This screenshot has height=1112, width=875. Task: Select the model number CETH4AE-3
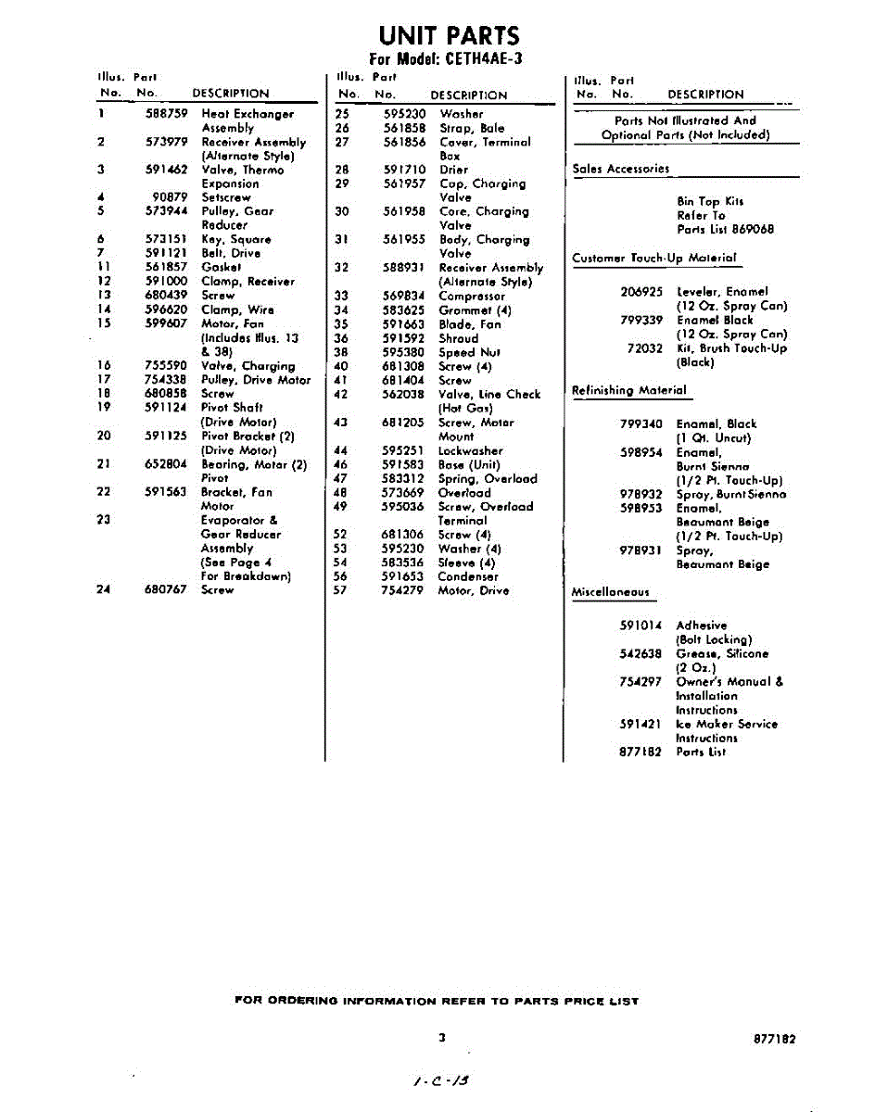(x=478, y=58)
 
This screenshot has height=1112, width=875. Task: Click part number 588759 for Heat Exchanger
(x=167, y=114)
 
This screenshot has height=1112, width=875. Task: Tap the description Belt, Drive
(x=231, y=253)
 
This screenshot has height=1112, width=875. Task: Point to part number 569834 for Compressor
(x=404, y=297)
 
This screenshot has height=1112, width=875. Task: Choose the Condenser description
(x=467, y=576)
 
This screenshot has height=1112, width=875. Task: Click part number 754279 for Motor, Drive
(x=404, y=590)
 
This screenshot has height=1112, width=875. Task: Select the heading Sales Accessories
(x=620, y=169)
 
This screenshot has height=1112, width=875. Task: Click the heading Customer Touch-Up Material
(x=654, y=258)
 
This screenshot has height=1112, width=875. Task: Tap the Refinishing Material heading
(x=629, y=390)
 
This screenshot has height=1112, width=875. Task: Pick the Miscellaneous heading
(x=611, y=591)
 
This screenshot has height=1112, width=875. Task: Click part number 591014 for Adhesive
(x=641, y=625)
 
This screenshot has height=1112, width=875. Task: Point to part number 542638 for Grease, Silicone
(x=641, y=653)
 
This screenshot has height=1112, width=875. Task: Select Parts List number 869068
(x=751, y=229)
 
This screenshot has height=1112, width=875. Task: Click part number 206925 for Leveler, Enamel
(x=641, y=291)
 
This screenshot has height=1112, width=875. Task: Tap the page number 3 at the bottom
(x=442, y=1038)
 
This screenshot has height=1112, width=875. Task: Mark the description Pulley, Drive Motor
(x=256, y=379)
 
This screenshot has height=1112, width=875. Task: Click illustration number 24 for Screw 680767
(x=104, y=589)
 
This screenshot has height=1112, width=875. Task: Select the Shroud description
(x=459, y=338)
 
